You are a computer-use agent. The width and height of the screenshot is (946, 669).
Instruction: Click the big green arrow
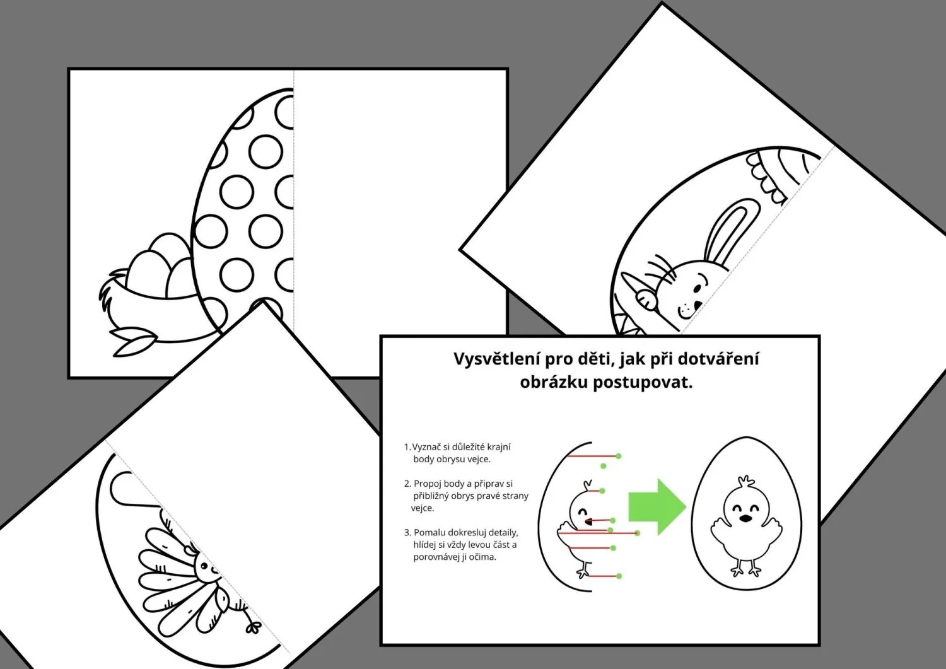coord(657,507)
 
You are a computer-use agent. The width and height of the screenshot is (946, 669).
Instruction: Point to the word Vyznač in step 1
coord(426,447)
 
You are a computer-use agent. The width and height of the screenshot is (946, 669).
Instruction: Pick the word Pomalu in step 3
coord(429,533)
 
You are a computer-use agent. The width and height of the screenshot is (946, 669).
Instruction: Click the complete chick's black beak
coord(745,519)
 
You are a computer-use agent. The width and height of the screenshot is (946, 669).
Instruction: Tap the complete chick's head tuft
coord(746,482)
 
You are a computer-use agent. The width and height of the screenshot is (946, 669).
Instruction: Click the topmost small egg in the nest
coord(169,248)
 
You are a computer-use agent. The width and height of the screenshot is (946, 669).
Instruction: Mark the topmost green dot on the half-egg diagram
coord(618,456)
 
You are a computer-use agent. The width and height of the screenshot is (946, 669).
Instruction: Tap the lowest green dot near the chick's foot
coord(619,576)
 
